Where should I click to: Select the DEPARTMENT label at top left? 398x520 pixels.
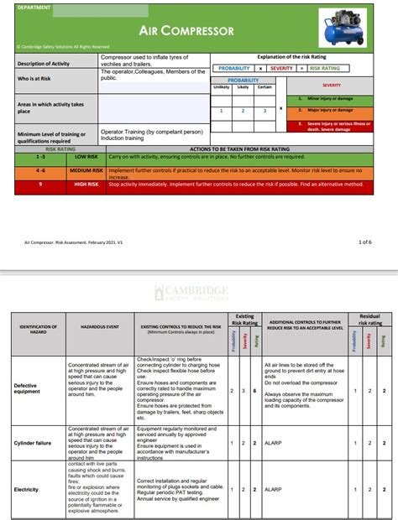tap(34, 7)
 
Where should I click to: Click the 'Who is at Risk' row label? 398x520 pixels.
tap(38, 78)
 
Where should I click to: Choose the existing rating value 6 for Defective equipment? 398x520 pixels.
tap(253, 391)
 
